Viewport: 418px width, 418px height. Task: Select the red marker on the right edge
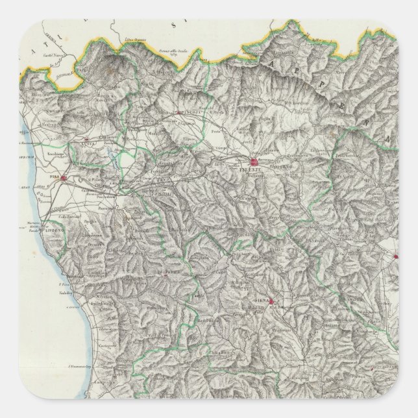395,257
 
